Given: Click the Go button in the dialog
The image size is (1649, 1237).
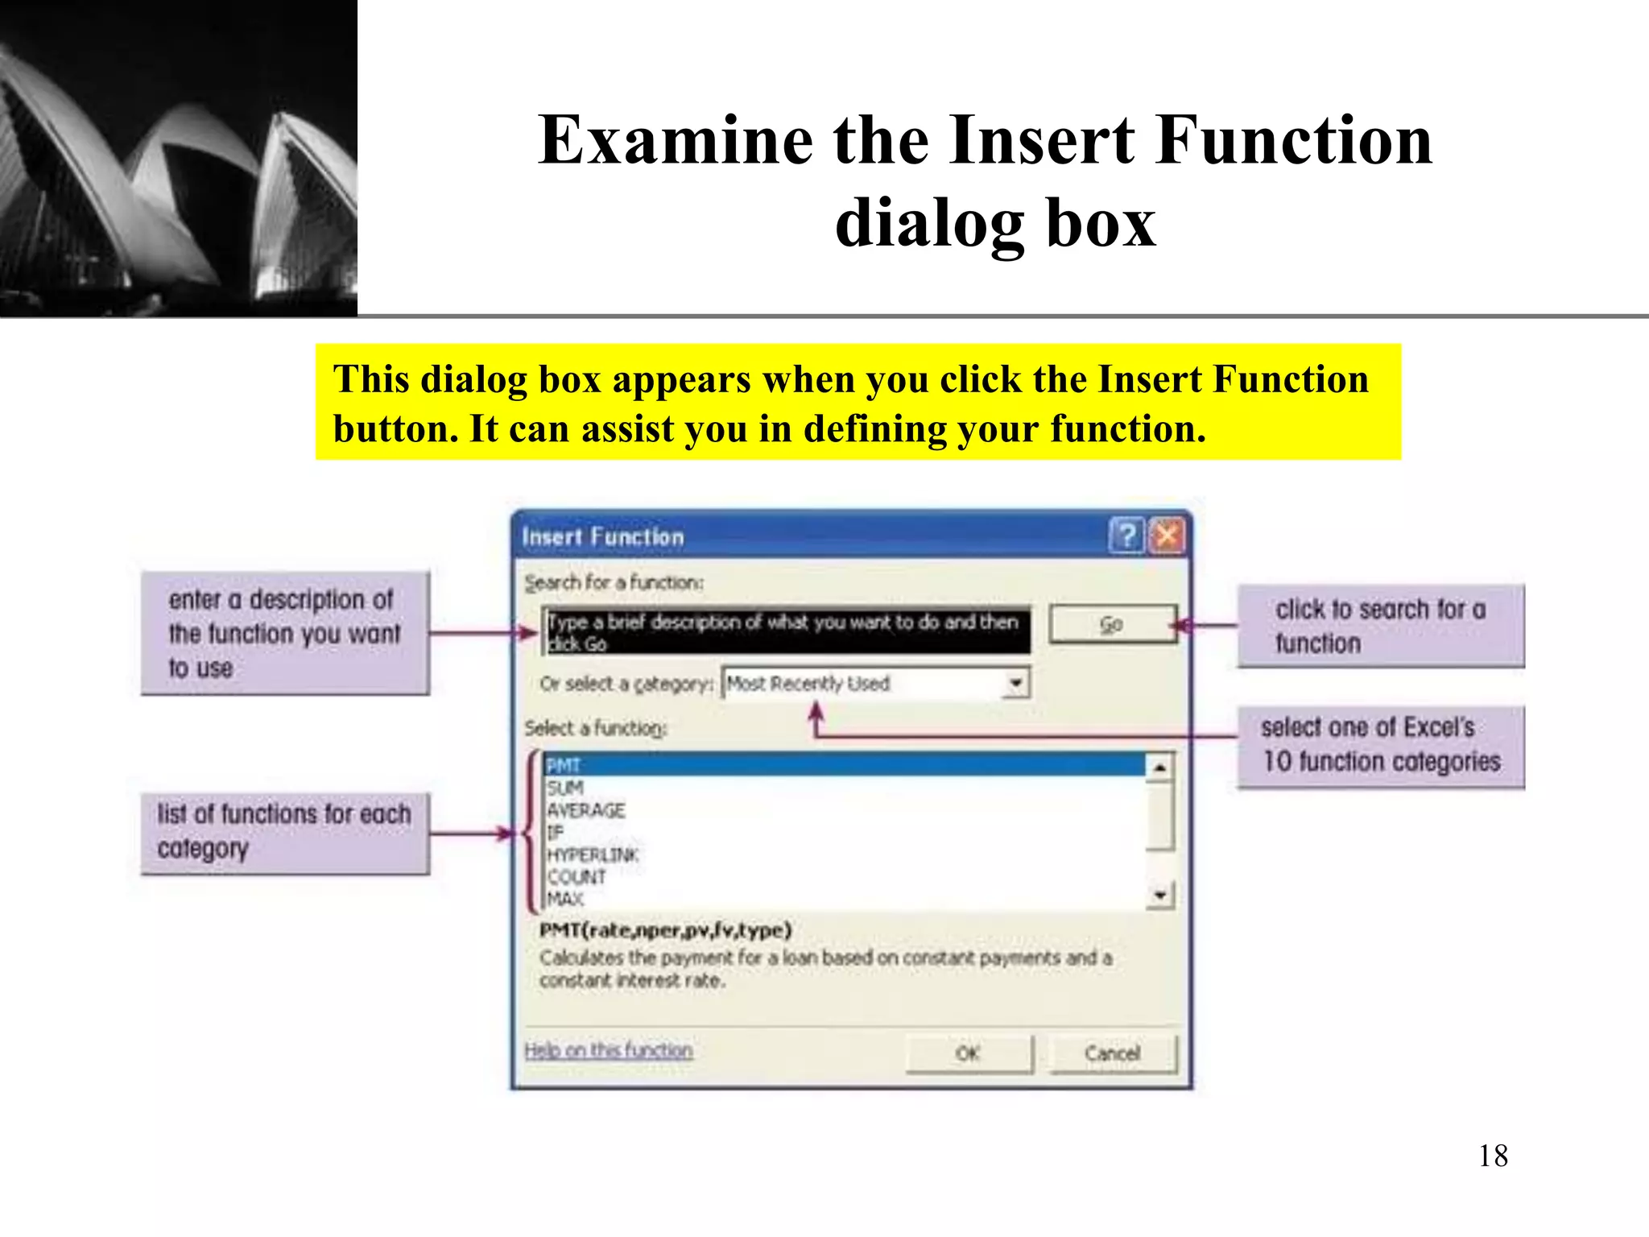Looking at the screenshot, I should pyautogui.click(x=1112, y=624).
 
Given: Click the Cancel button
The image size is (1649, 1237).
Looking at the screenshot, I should pyautogui.click(x=1113, y=1053).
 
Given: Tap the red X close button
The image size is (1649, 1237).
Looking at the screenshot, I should pyautogui.click(x=1167, y=536).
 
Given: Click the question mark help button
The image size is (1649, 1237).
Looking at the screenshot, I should pyautogui.click(x=1126, y=536).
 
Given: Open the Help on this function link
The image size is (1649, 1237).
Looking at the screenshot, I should pyautogui.click(x=608, y=1051).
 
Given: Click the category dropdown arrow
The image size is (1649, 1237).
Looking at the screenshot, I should pyautogui.click(x=1017, y=684).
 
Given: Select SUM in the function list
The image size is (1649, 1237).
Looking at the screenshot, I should pyautogui.click(x=565, y=788).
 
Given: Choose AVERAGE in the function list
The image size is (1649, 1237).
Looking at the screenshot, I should pyautogui.click(x=585, y=810).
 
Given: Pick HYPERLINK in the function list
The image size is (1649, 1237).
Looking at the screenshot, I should pyautogui.click(x=593, y=854).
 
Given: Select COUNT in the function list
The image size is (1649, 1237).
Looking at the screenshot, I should pyautogui.click(x=577, y=877).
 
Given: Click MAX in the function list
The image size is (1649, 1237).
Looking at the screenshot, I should pyautogui.click(x=565, y=899).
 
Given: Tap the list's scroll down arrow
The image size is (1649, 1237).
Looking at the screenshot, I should pyautogui.click(x=1159, y=895).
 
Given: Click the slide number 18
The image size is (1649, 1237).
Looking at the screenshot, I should pyautogui.click(x=1493, y=1156).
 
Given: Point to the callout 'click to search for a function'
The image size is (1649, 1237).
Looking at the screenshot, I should pyautogui.click(x=1380, y=627).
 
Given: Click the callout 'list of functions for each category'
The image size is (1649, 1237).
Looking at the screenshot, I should pyautogui.click(x=284, y=833).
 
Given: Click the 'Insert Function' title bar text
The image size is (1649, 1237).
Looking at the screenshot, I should pyautogui.click(x=603, y=537).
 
